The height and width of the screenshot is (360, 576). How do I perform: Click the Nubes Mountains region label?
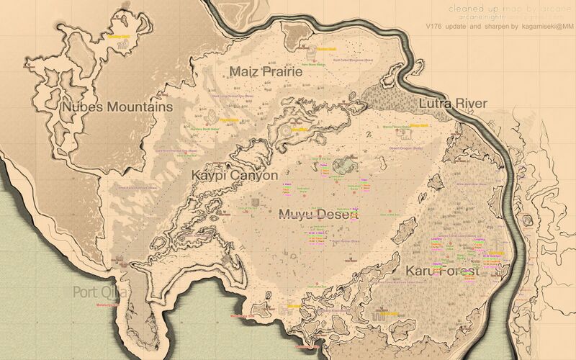[117, 107]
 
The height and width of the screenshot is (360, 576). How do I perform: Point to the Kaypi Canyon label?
[234, 175]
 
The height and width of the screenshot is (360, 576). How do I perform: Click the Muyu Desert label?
[318, 214]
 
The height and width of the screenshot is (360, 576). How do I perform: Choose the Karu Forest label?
[442, 271]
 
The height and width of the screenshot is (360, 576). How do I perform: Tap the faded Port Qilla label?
[100, 292]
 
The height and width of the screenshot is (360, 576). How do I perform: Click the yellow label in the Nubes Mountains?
[118, 34]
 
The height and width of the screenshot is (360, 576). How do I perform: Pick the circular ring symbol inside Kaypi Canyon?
[286, 130]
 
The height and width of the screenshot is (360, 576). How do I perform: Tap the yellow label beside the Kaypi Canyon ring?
[300, 130]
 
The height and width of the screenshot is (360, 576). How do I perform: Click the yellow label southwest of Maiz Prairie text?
[228, 120]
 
